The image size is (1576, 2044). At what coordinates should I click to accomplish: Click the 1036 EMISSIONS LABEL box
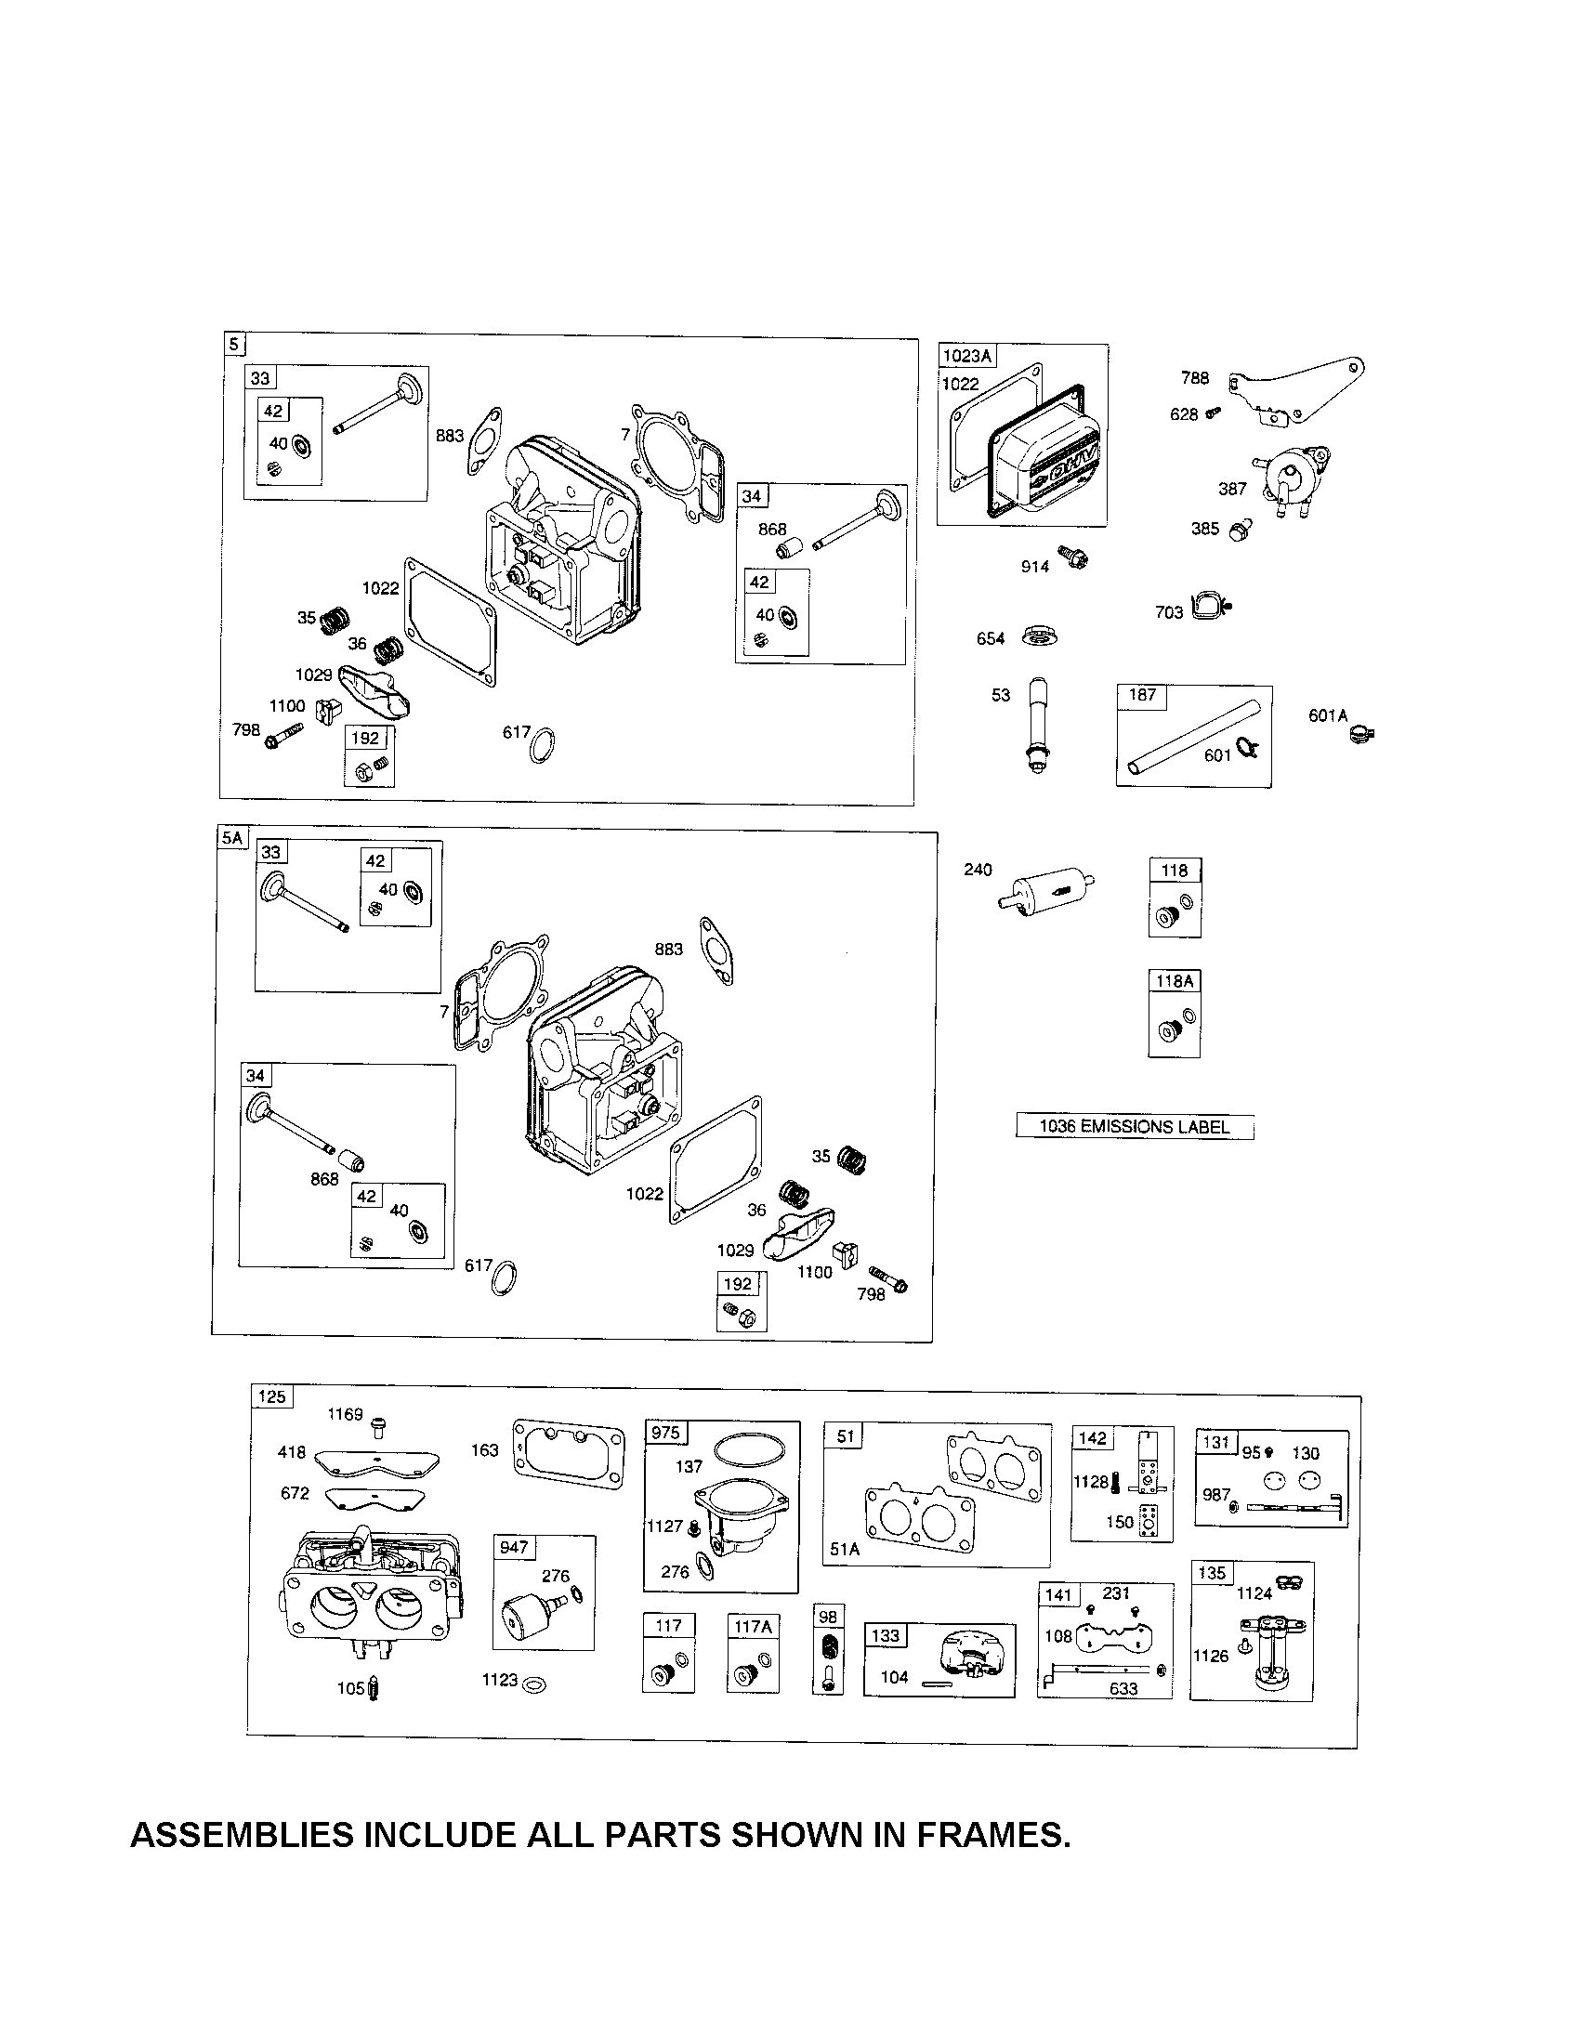click(1135, 1126)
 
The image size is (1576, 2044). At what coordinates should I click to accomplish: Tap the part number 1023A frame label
click(965, 356)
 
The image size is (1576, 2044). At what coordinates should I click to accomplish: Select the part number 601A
click(1327, 716)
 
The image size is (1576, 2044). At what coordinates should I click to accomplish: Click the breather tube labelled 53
click(1035, 722)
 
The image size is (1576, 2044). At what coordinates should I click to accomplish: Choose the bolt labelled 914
click(1074, 558)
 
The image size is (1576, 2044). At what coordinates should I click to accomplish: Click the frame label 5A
click(231, 838)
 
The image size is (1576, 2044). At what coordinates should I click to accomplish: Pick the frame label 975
click(665, 1434)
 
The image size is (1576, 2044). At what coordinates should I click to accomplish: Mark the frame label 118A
click(1175, 981)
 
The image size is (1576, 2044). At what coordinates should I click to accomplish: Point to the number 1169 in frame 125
click(345, 1414)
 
